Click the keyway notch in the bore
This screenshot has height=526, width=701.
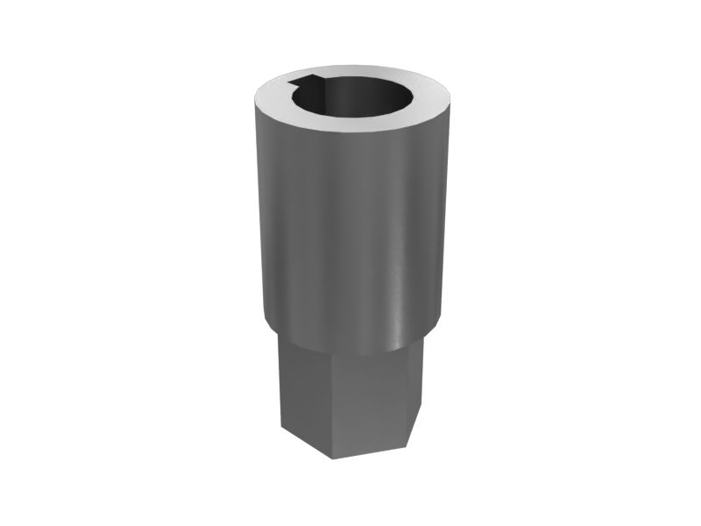(309, 85)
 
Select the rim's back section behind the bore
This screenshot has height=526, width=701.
(355, 70)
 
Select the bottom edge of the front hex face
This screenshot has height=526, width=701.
(368, 446)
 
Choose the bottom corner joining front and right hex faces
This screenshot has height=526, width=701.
(408, 434)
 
